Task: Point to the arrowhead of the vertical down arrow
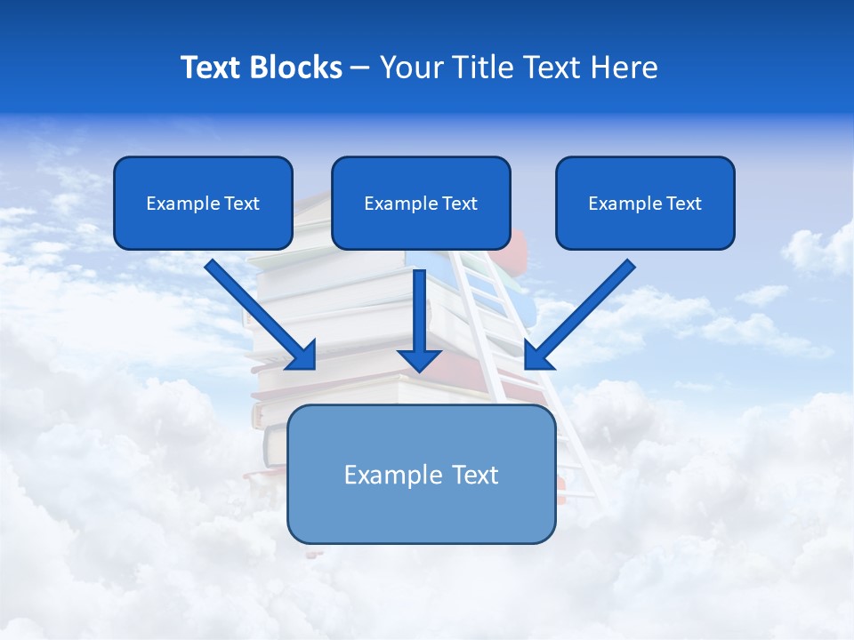(x=419, y=360)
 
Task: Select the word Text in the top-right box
(x=683, y=204)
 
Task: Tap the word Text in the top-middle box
(x=459, y=204)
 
